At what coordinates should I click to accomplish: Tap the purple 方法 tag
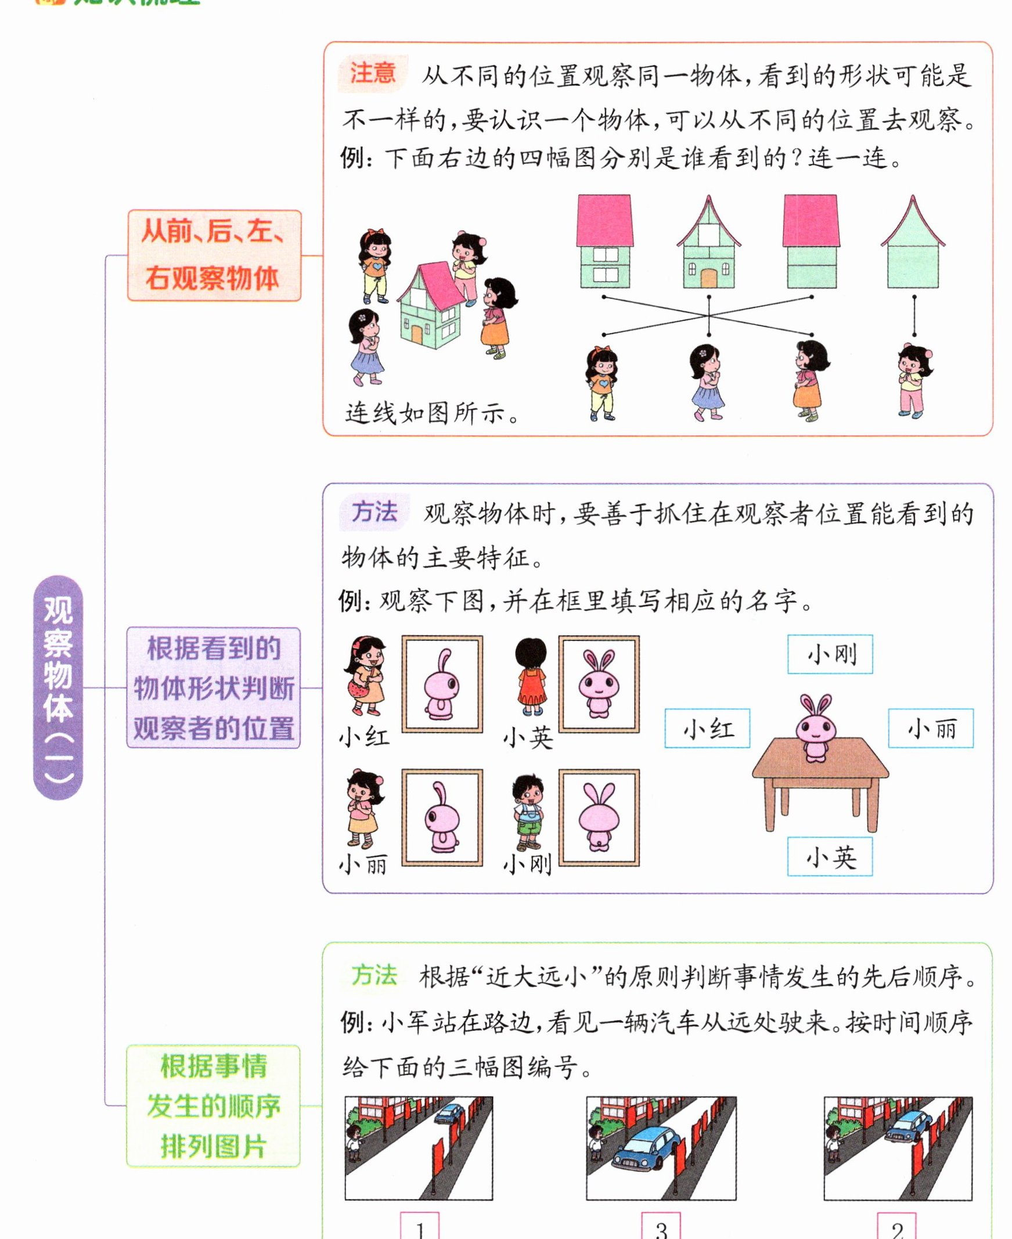pyautogui.click(x=374, y=512)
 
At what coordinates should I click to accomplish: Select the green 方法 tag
pyautogui.click(x=374, y=975)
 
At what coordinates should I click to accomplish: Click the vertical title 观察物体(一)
pyautogui.click(x=58, y=687)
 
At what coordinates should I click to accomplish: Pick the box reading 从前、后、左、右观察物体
pyautogui.click(x=214, y=255)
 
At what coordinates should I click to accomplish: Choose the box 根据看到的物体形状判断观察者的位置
pyautogui.click(x=213, y=687)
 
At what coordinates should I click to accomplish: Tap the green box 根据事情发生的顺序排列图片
pyautogui.click(x=213, y=1105)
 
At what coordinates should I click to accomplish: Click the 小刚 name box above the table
pyautogui.click(x=830, y=654)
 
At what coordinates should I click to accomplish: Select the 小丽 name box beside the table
pyautogui.click(x=930, y=728)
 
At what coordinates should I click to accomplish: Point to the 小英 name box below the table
pyautogui.click(x=830, y=857)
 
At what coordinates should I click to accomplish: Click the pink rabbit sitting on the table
pyautogui.click(x=816, y=729)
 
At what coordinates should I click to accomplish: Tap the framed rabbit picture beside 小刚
pyautogui.click(x=599, y=817)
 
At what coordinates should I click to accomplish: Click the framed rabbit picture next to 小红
pyautogui.click(x=442, y=683)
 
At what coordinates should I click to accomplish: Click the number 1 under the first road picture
pyautogui.click(x=420, y=1230)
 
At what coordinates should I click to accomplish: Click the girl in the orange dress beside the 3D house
pyautogui.click(x=497, y=318)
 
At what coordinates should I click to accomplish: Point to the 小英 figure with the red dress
pyautogui.click(x=532, y=676)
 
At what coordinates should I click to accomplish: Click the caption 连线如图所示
pyautogui.click(x=431, y=413)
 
